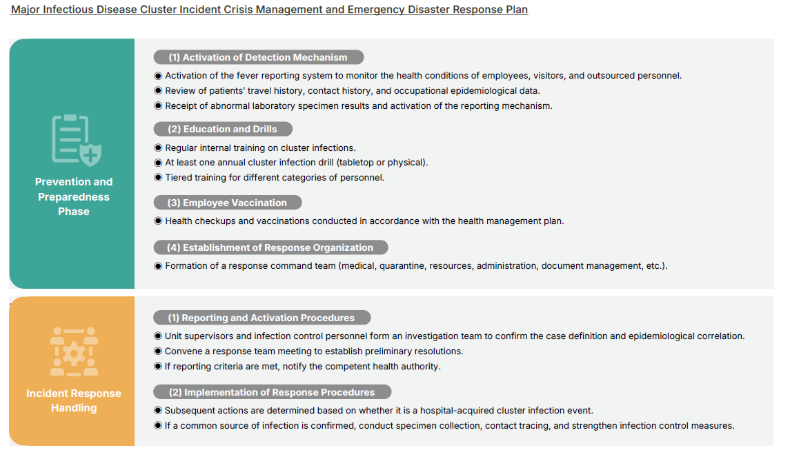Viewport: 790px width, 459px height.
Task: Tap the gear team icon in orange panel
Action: [74, 351]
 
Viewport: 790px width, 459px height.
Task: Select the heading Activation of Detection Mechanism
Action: [257, 58]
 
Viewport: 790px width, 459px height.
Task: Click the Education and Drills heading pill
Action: [222, 129]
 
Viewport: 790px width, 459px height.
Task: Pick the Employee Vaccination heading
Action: [227, 203]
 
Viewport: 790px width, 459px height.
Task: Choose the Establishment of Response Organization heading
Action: [270, 247]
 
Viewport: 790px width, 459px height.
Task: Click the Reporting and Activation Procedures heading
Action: [261, 318]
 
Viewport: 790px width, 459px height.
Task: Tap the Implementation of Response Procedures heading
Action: [271, 392]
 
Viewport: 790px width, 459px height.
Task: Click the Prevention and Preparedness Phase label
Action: [74, 196]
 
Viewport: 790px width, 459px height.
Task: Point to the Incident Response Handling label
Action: [74, 400]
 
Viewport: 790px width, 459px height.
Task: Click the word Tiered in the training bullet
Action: [179, 177]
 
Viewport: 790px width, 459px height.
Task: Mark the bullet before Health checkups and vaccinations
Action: [158, 221]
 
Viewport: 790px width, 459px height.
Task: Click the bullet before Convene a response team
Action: [158, 351]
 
